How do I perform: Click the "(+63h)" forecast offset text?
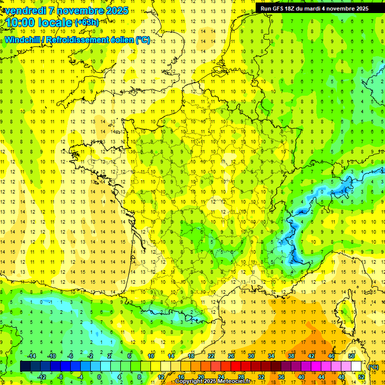[x=86, y=22]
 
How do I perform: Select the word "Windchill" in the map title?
[x=23, y=40]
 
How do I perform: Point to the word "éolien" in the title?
[x=120, y=40]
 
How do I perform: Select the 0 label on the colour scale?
[x=99, y=377]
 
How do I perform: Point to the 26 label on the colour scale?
[x=231, y=356]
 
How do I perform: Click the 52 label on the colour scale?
[x=361, y=377]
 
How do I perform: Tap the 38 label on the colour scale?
[x=291, y=356]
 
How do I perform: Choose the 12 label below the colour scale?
[x=161, y=377]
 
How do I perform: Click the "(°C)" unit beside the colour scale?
[x=373, y=366]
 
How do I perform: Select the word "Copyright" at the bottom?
[x=191, y=381]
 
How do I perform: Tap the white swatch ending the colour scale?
[x=356, y=366]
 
